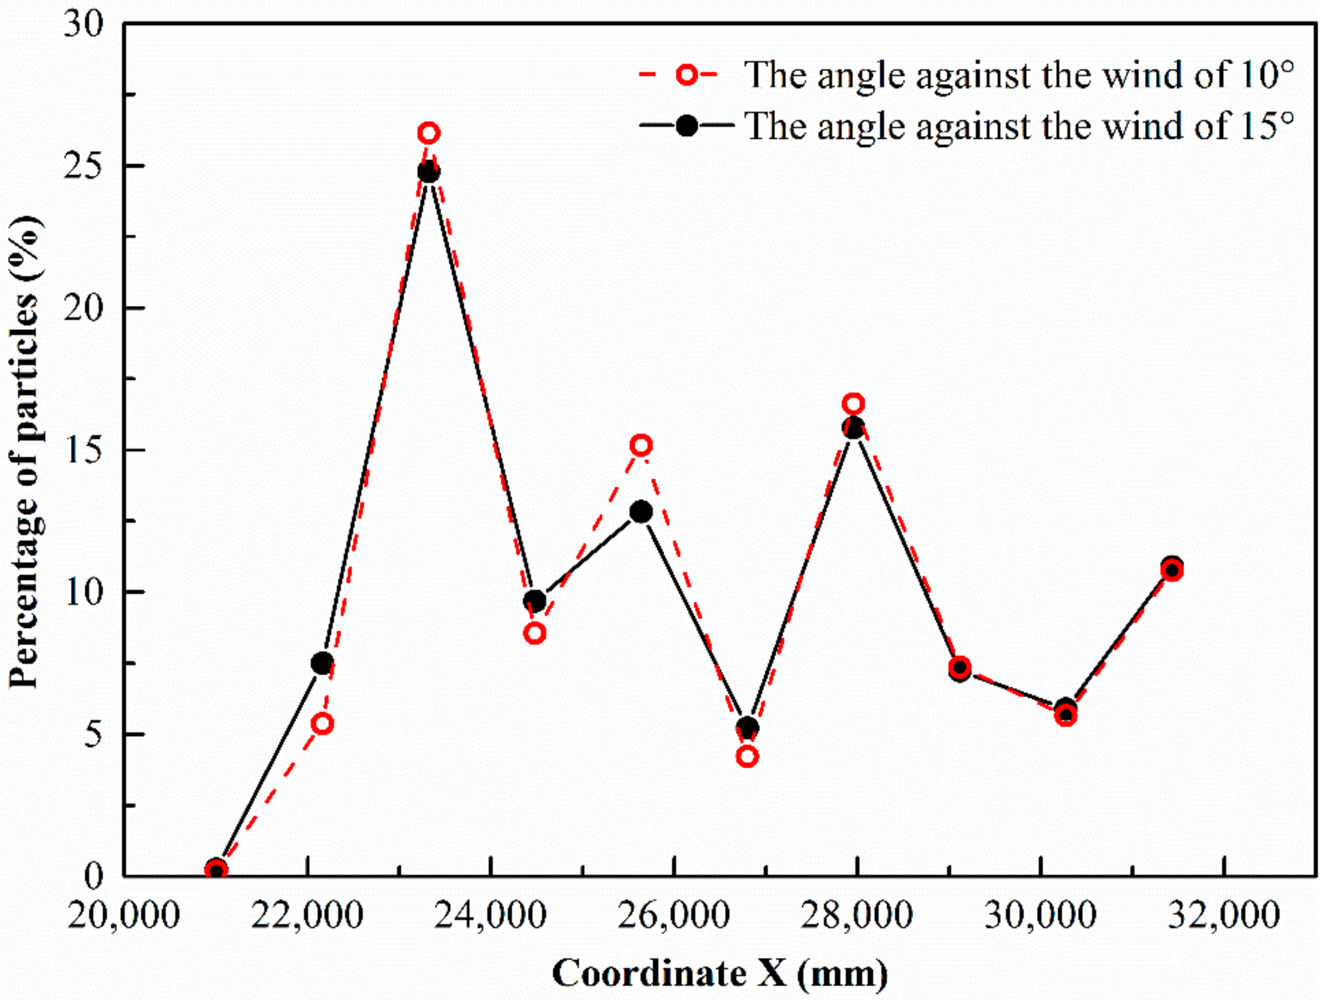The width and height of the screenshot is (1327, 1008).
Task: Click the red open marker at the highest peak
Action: tap(428, 133)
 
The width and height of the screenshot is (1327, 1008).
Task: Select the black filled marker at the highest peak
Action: tap(428, 172)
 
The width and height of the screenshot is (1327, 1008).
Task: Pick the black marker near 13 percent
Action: tap(641, 512)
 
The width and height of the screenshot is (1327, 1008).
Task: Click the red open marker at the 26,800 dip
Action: tap(747, 756)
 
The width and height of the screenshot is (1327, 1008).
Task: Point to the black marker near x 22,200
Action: tap(322, 663)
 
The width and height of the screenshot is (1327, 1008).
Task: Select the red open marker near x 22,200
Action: tap(323, 724)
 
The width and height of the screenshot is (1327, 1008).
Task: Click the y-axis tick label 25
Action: tap(84, 165)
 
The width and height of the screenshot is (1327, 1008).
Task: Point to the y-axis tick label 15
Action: tap(84, 450)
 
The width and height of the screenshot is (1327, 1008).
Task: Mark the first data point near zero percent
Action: tap(216, 869)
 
